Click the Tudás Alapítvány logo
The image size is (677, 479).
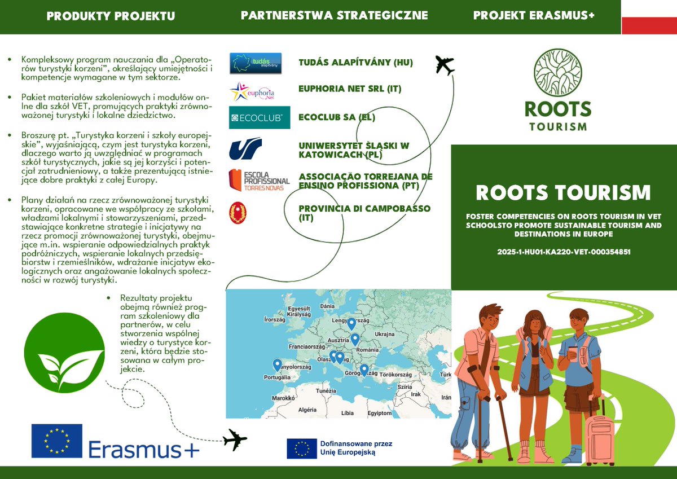click(256, 63)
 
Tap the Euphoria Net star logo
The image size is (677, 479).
click(252, 91)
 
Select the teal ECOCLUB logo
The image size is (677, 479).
click(260, 117)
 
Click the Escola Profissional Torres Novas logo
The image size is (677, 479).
click(259, 180)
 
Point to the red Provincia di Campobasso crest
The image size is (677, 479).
click(237, 213)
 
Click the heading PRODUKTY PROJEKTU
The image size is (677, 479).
click(111, 16)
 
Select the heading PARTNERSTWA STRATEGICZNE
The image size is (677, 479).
click(334, 16)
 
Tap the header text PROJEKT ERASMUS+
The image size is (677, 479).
click(534, 16)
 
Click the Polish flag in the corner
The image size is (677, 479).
click(649, 17)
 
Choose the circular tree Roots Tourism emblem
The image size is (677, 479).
click(558, 73)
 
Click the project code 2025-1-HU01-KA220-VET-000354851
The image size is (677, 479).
click(564, 252)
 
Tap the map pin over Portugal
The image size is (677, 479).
click(277, 365)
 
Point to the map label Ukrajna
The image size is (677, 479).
click(384, 334)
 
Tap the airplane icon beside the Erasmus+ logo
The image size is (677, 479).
click(235, 440)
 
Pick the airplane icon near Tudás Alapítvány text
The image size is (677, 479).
click(445, 65)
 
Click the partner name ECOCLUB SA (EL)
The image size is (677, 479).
click(337, 117)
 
